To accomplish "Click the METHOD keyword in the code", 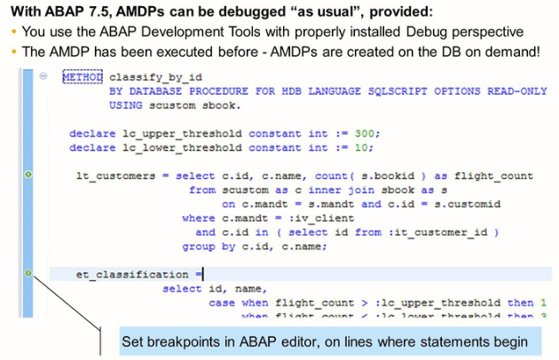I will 82,77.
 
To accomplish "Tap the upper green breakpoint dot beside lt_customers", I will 28,176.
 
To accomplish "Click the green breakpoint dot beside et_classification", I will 28,274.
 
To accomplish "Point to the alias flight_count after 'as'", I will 493,176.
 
